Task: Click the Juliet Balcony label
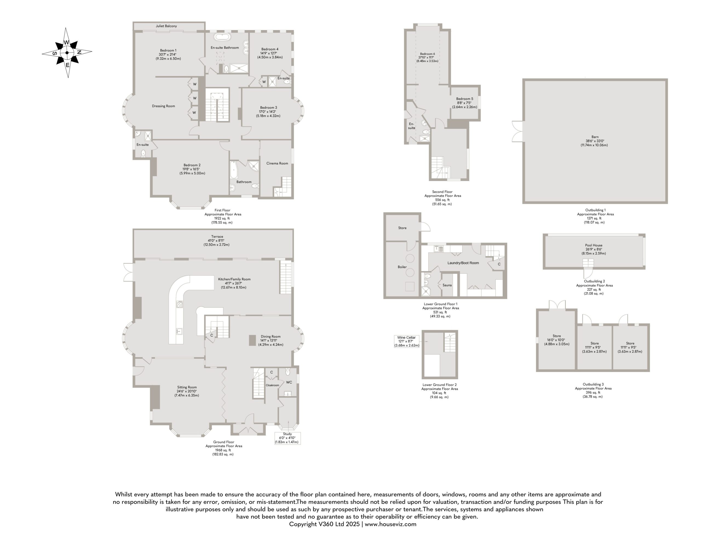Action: click(166, 26)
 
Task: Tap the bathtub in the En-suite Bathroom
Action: click(223, 37)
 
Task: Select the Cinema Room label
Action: click(277, 163)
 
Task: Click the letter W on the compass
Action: click(66, 43)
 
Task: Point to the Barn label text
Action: click(595, 137)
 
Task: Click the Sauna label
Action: click(447, 285)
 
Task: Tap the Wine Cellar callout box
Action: click(407, 341)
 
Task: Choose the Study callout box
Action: click(287, 438)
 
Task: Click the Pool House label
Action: click(593, 245)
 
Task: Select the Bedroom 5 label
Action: click(464, 99)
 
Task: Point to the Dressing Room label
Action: click(163, 106)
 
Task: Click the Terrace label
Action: click(217, 237)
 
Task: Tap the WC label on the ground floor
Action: click(289, 382)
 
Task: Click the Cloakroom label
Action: click(272, 385)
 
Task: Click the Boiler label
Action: click(402, 267)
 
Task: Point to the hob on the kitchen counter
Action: click(179, 304)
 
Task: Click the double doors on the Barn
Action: click(517, 131)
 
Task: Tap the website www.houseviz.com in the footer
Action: click(390, 524)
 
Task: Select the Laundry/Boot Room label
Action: click(463, 263)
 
